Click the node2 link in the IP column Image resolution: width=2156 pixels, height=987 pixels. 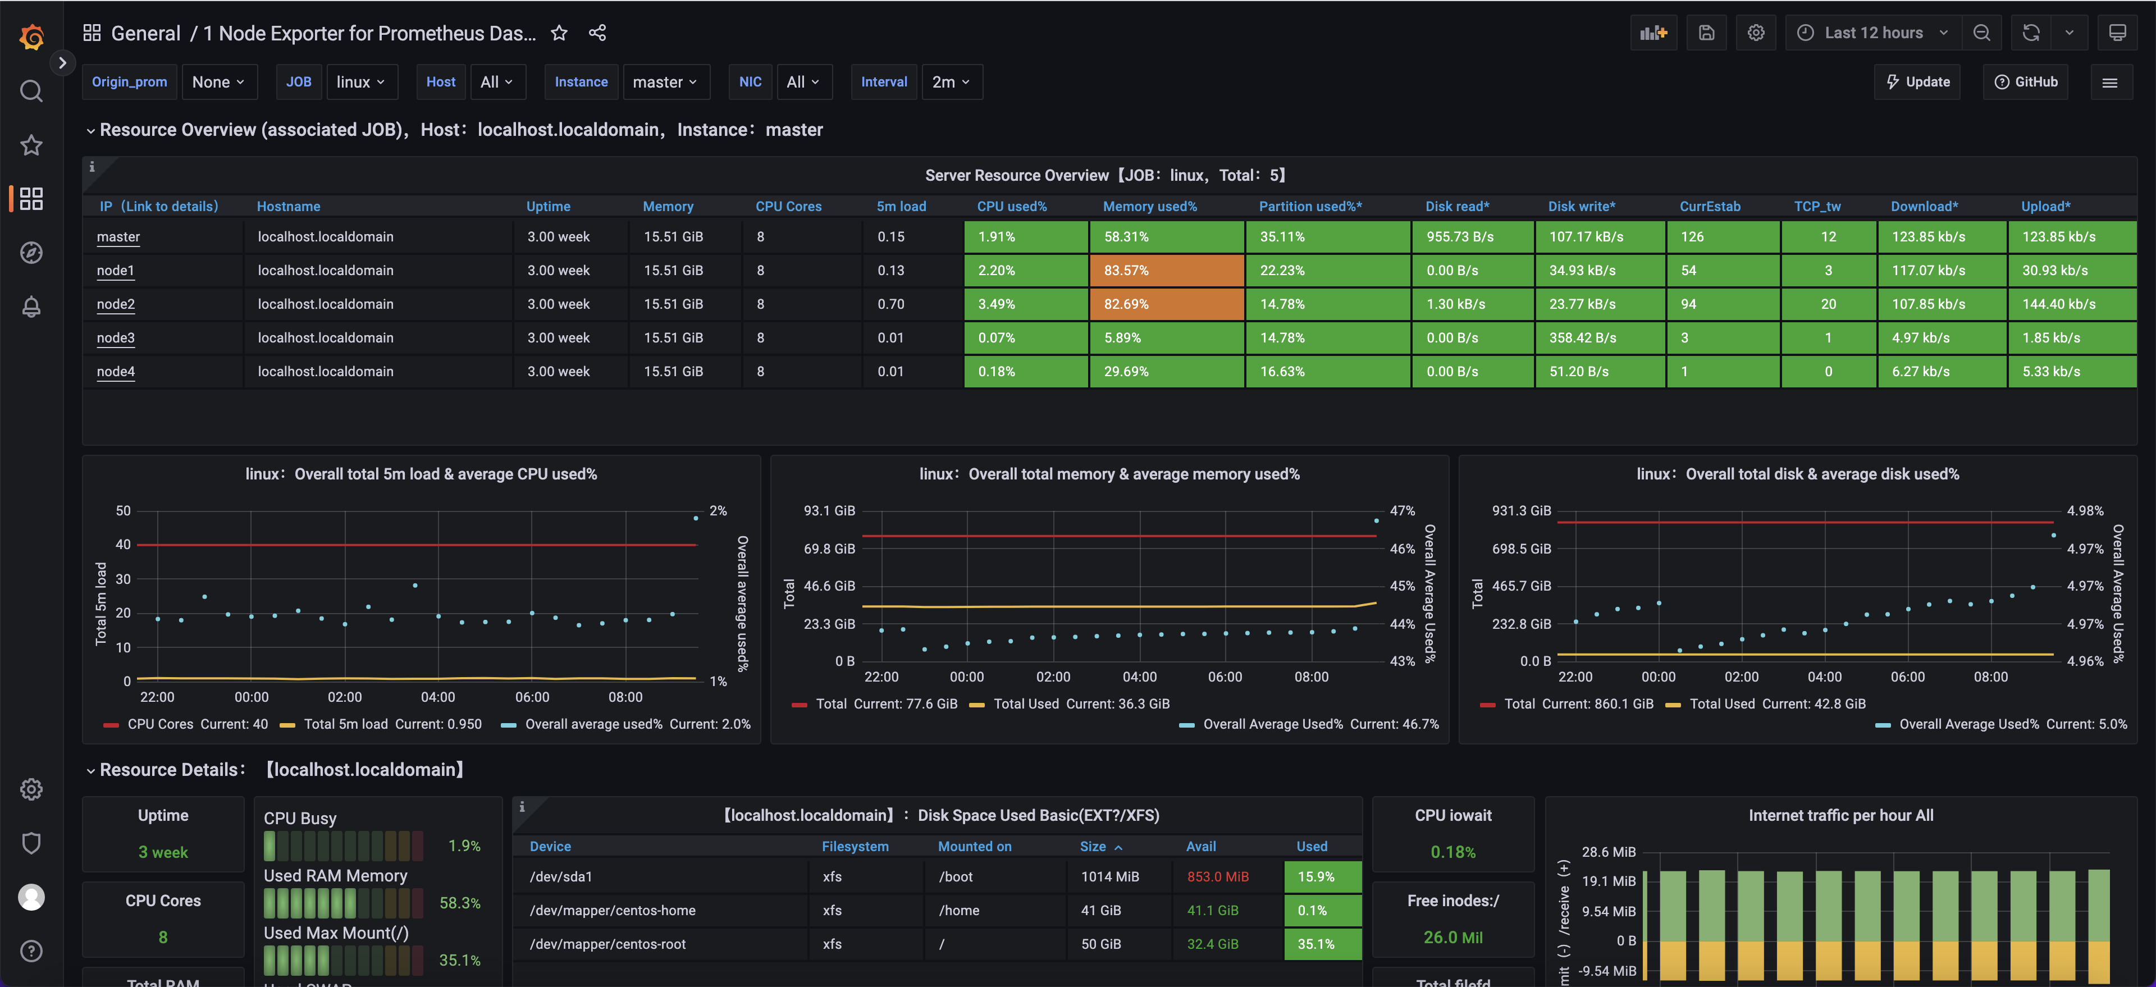(x=116, y=304)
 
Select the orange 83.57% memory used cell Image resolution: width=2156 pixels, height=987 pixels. (x=1166, y=271)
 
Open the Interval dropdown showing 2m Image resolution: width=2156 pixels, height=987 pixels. (x=951, y=82)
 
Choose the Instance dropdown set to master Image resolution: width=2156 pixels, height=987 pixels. (x=665, y=82)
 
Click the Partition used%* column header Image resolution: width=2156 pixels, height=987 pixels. (x=1310, y=206)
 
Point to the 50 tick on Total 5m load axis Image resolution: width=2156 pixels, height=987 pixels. (x=123, y=511)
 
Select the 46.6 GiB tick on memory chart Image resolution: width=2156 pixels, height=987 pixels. (x=829, y=586)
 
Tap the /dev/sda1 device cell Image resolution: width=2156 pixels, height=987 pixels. (x=561, y=876)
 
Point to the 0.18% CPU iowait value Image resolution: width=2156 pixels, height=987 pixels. (x=1453, y=852)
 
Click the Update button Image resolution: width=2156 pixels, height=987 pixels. (x=1917, y=82)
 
